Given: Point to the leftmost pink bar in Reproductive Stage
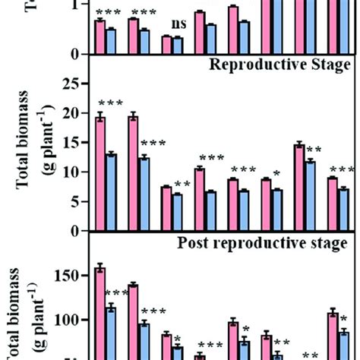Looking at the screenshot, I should tap(99, 174).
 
